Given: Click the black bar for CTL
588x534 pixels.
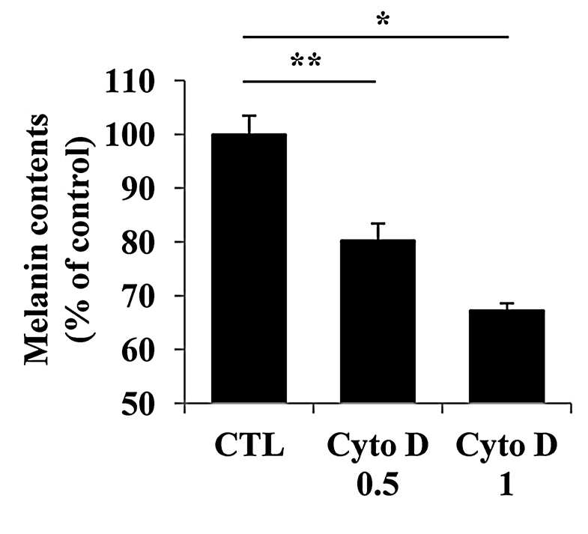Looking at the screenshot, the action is click(249, 268).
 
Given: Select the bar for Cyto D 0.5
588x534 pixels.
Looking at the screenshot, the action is click(378, 321).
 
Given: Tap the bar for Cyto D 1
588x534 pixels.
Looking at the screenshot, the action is click(506, 356).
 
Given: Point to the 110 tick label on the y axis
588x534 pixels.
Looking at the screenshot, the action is click(130, 82).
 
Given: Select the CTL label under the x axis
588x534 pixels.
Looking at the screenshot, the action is click(249, 445).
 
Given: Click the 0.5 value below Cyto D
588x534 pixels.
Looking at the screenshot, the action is click(378, 485).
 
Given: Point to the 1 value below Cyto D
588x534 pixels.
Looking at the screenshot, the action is click(506, 485).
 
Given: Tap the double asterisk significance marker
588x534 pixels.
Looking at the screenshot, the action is click(306, 61).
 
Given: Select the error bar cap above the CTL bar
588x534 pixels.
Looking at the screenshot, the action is click(249, 116).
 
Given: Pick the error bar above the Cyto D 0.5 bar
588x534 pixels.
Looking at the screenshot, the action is click(378, 231).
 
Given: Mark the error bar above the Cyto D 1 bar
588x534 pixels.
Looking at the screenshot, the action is click(507, 306).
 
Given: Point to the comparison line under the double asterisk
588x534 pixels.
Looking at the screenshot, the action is click(309, 82).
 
